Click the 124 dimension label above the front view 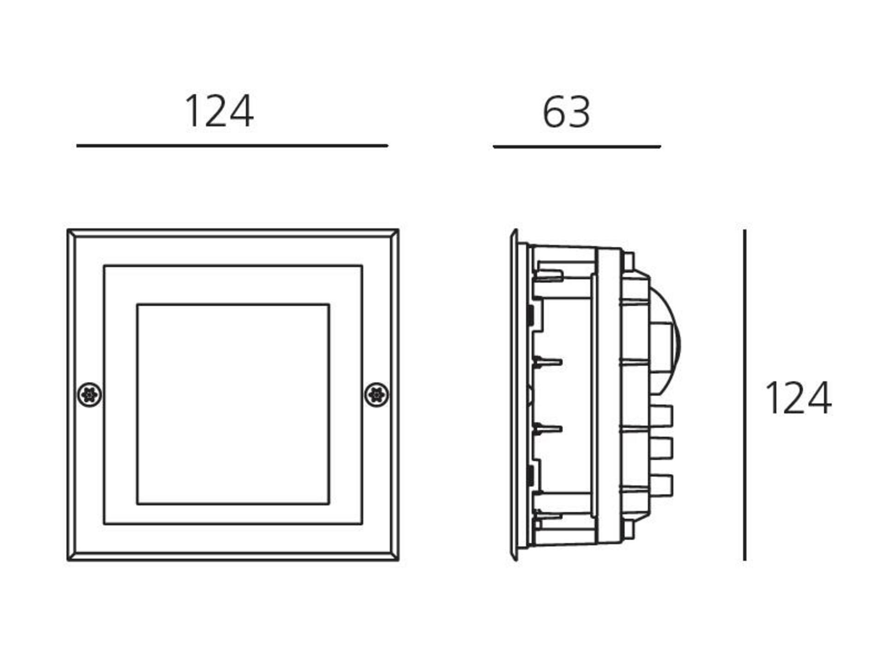[219, 111]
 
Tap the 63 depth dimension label [566, 112]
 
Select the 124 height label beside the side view [798, 398]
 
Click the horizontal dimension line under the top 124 [232, 145]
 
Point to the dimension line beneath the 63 [577, 146]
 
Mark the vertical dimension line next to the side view [744, 395]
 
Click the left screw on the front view [90, 395]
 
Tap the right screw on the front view [377, 395]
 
